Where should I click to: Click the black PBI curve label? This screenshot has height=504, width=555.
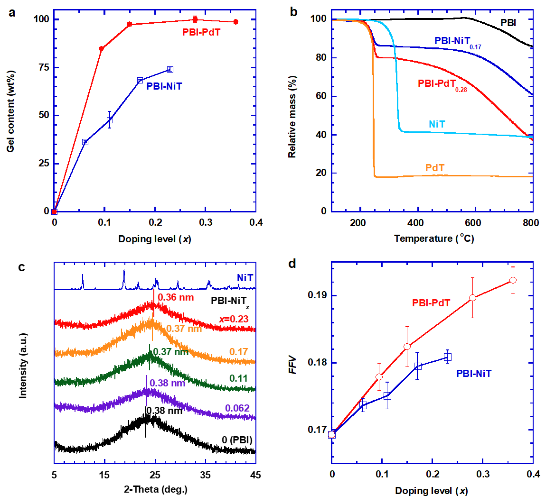[508, 22]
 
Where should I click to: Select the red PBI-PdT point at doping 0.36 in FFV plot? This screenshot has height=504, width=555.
[513, 280]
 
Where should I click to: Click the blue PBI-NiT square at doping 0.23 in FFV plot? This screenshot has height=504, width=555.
[448, 357]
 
